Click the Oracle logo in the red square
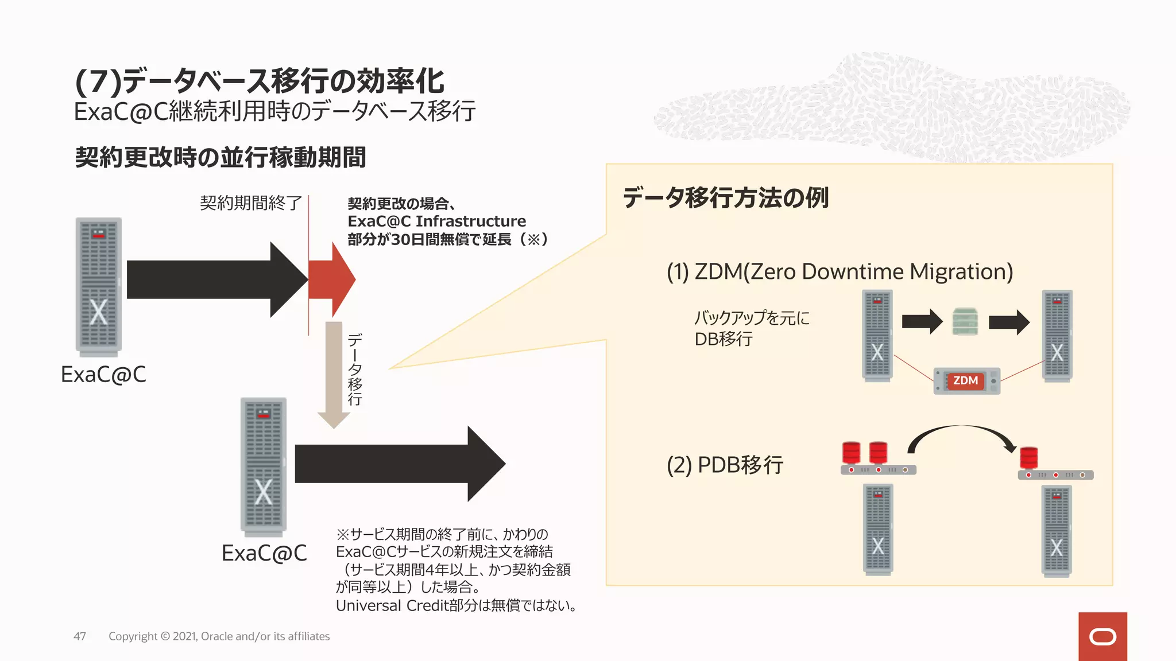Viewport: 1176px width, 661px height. pyautogui.click(x=1102, y=636)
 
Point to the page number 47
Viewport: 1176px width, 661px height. pyautogui.click(x=80, y=636)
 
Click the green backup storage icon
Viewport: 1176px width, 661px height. pyautogui.click(x=965, y=321)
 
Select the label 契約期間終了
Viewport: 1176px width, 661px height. pyautogui.click(x=251, y=203)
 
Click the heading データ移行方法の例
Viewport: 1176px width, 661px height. pyautogui.click(x=726, y=198)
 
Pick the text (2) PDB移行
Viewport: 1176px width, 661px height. pyautogui.click(x=725, y=465)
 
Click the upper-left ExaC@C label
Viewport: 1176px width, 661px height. pyautogui.click(x=103, y=375)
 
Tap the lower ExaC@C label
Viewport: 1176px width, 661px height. pyautogui.click(x=264, y=553)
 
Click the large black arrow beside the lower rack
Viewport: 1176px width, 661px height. pyautogui.click(x=400, y=464)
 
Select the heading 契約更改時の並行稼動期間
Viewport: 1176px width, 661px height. pyautogui.click(x=220, y=157)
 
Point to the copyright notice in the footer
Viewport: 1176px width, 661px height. pyautogui.click(x=219, y=636)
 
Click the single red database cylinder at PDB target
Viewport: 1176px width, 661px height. pyautogui.click(x=1028, y=458)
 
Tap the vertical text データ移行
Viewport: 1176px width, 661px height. pyautogui.click(x=355, y=370)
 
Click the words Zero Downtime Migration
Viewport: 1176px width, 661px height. pyautogui.click(x=878, y=272)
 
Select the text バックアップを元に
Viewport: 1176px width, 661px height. pyautogui.click(x=752, y=318)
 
